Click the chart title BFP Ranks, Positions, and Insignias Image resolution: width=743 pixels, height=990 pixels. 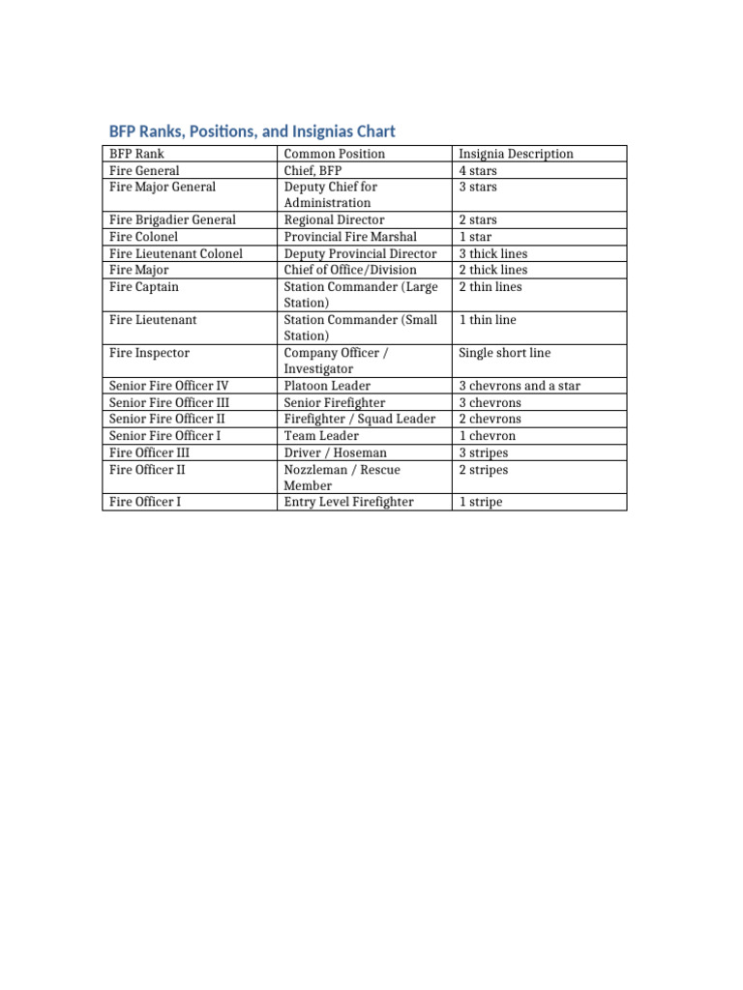click(x=252, y=131)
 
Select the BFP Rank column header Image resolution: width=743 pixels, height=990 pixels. click(x=137, y=154)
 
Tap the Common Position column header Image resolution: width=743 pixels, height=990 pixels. click(x=334, y=154)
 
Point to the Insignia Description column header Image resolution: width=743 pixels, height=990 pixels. click(x=516, y=154)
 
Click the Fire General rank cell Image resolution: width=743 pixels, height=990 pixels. click(x=144, y=170)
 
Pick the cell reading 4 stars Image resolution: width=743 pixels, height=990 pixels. click(x=478, y=171)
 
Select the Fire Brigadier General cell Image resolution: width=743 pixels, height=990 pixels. click(x=172, y=219)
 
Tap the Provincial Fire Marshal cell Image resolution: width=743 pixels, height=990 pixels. click(x=350, y=236)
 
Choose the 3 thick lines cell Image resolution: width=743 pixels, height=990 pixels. click(x=493, y=253)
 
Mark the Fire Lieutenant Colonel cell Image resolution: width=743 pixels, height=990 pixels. click(x=176, y=253)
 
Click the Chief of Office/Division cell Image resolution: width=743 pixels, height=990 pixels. click(x=350, y=270)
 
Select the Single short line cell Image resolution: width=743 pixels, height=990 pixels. click(x=504, y=353)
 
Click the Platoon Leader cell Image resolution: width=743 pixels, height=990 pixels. click(x=327, y=386)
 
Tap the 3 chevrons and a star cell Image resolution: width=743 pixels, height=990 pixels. click(x=520, y=386)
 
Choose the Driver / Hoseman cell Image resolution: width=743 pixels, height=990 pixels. click(x=335, y=452)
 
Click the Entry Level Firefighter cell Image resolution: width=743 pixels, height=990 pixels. click(x=348, y=502)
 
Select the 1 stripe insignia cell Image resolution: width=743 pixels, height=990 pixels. click(x=481, y=503)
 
